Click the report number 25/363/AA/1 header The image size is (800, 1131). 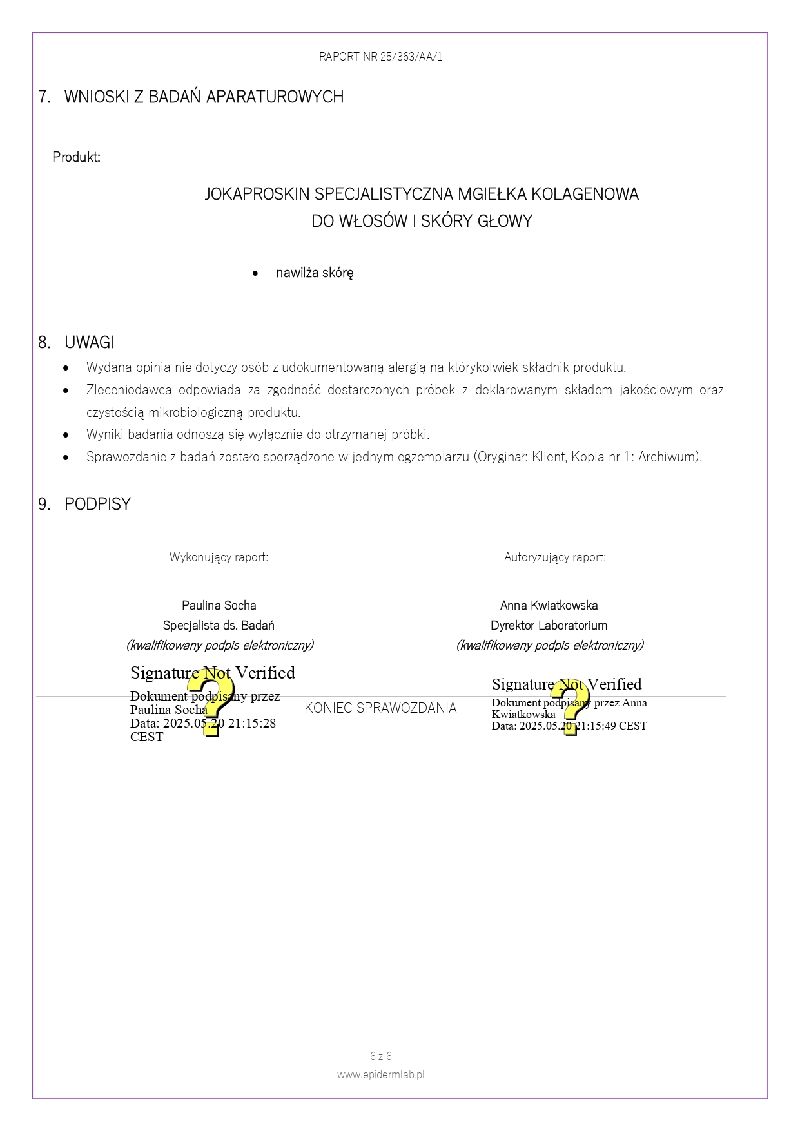pos(380,57)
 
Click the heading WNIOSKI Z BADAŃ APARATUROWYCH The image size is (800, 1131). pos(204,97)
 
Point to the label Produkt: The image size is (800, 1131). pos(76,157)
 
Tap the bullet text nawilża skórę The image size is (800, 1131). pos(314,273)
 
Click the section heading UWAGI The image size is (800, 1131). pos(89,342)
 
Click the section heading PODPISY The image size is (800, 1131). pos(97,504)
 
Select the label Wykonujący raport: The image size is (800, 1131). pos(219,557)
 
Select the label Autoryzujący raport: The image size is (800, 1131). pos(554,557)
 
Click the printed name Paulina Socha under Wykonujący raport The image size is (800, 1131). pos(219,605)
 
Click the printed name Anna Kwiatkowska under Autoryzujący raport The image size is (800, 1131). pos(549,605)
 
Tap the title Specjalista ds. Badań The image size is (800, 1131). pos(219,625)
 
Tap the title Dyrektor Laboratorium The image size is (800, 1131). pos(549,625)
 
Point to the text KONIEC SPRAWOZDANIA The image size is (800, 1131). pos(380,708)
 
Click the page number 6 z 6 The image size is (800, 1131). pos(380,1056)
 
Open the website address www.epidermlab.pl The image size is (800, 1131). pos(380,1074)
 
